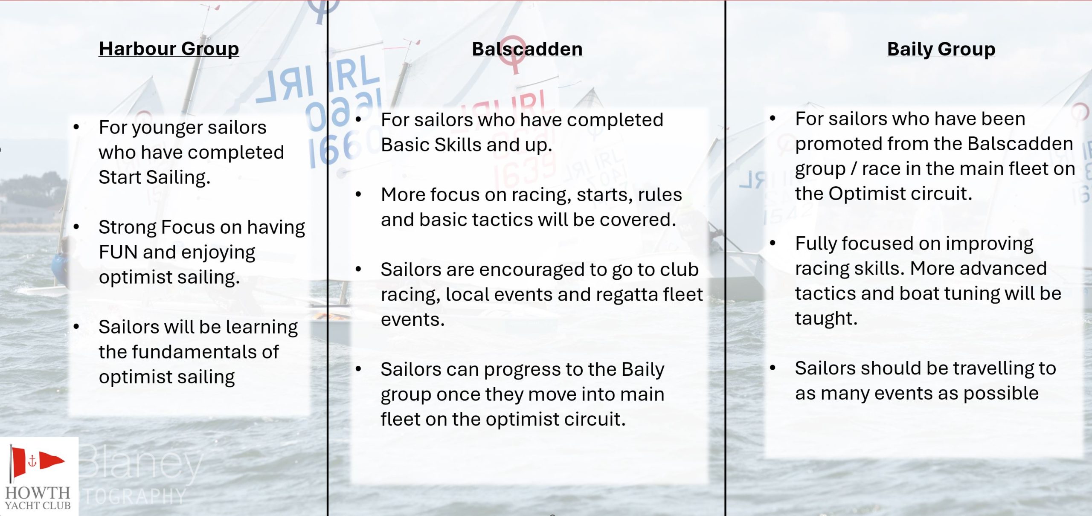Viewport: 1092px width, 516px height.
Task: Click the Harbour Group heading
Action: (169, 49)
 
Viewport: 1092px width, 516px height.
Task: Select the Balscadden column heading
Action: (527, 49)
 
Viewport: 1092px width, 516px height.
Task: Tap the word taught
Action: (826, 319)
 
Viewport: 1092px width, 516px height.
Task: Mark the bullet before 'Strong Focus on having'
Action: (76, 227)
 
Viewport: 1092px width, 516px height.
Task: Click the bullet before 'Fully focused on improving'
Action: (773, 243)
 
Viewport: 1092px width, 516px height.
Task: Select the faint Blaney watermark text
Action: (141, 465)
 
